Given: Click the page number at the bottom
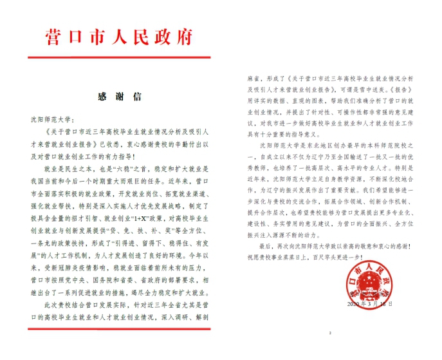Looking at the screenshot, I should tap(329, 334).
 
